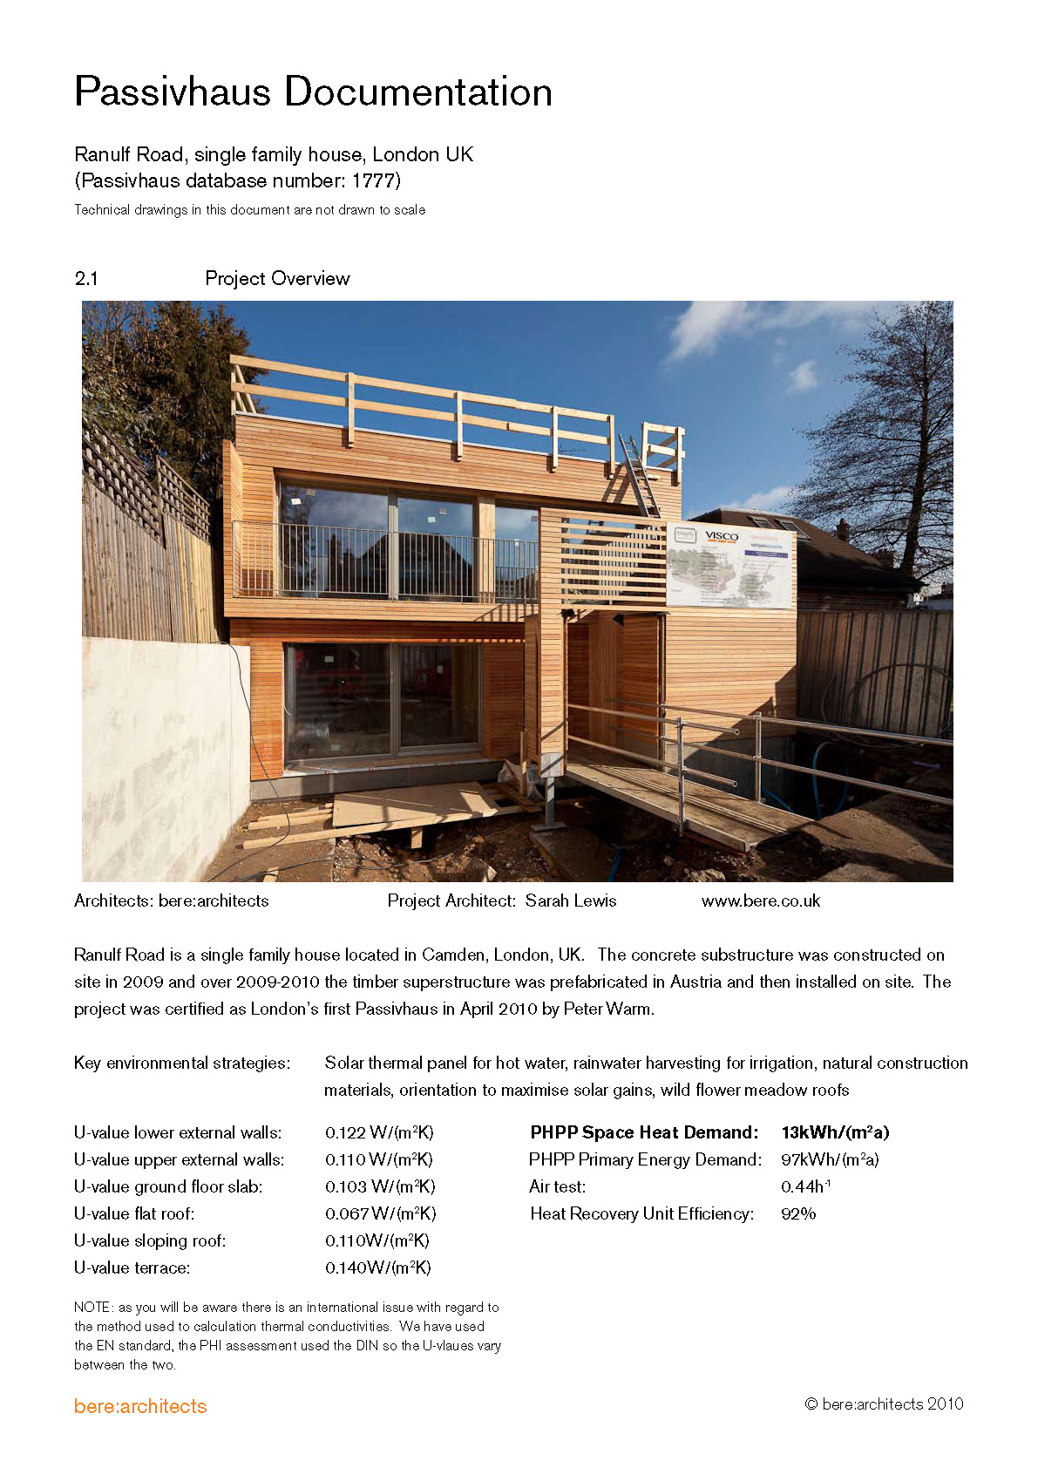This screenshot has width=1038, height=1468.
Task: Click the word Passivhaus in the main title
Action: pyautogui.click(x=173, y=92)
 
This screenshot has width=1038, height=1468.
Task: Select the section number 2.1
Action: pyautogui.click(x=86, y=279)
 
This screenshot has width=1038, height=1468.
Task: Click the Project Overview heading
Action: pyautogui.click(x=277, y=279)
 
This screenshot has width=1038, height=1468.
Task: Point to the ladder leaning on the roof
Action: pyautogui.click(x=639, y=475)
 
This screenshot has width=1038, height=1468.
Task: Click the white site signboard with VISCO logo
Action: pyautogui.click(x=730, y=564)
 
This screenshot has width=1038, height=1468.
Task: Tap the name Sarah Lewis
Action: pyautogui.click(x=571, y=901)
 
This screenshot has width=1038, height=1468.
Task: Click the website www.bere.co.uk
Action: pyautogui.click(x=760, y=901)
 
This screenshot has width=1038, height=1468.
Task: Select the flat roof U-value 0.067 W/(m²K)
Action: pyautogui.click(x=380, y=1214)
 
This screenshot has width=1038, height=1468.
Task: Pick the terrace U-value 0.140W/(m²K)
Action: pyautogui.click(x=378, y=1268)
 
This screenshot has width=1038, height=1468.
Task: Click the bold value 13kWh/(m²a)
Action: pyautogui.click(x=835, y=1133)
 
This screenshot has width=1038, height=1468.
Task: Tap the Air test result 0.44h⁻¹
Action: pyautogui.click(x=805, y=1187)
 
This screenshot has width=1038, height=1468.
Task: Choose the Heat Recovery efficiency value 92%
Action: pyautogui.click(x=798, y=1214)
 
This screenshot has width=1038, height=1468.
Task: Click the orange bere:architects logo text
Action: pyautogui.click(x=140, y=1407)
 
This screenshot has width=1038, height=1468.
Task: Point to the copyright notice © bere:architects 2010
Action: pyautogui.click(x=884, y=1404)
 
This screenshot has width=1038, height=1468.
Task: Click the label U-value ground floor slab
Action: pyautogui.click(x=168, y=1187)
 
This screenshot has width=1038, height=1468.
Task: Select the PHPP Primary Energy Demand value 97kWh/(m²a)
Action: pyautogui.click(x=830, y=1160)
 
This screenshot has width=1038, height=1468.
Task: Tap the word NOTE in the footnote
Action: pyautogui.click(x=92, y=1308)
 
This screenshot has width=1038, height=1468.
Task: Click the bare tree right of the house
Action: pyautogui.click(x=889, y=436)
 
